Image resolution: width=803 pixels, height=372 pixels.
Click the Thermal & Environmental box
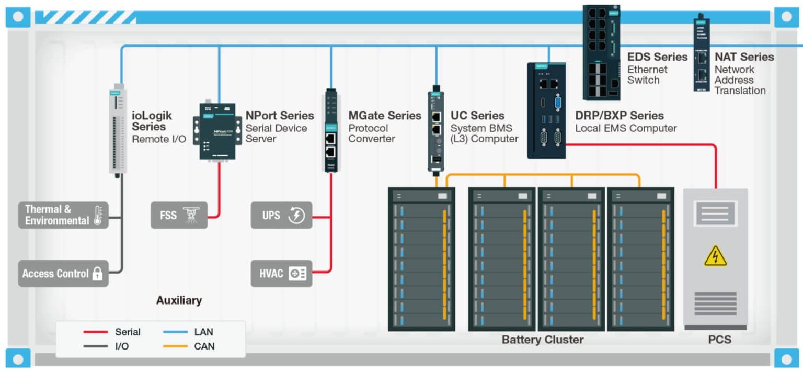tap(63, 215)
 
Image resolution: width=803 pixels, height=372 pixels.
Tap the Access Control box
tap(63, 273)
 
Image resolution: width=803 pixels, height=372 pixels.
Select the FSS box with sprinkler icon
tap(179, 215)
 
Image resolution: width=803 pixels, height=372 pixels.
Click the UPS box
tap(281, 215)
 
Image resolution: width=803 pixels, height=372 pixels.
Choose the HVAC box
tap(281, 273)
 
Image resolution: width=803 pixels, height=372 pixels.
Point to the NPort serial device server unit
tap(219, 131)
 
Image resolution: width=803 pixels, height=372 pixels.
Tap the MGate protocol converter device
tap(330, 131)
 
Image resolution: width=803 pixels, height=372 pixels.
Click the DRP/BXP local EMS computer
tap(546, 110)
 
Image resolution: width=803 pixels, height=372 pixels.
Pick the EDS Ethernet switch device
tap(601, 52)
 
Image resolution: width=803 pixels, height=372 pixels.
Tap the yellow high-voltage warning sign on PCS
tap(715, 256)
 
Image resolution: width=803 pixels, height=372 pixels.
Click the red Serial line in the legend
tap(96, 332)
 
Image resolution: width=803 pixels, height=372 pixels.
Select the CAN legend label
tap(204, 346)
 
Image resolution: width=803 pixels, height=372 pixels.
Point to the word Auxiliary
tap(179, 300)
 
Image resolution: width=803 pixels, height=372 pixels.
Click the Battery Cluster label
tap(542, 340)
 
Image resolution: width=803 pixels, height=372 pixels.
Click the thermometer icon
tap(98, 215)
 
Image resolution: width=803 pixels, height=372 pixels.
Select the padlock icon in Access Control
tap(97, 274)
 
